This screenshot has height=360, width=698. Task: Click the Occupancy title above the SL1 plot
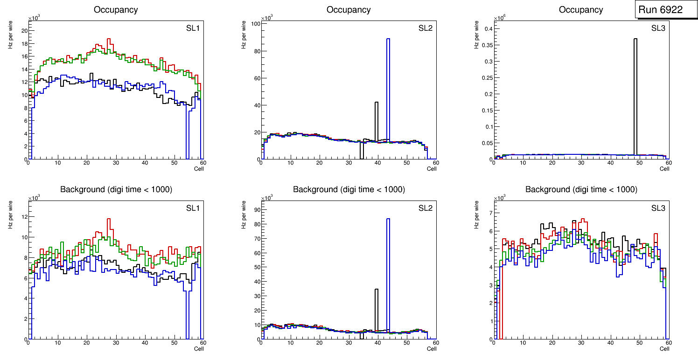pyautogui.click(x=116, y=9)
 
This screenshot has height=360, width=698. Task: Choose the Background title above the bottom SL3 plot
pyautogui.click(x=581, y=189)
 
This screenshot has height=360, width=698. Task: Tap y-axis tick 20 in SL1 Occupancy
pyautogui.click(x=23, y=31)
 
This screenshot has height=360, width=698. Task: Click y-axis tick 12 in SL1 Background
pyautogui.click(x=23, y=217)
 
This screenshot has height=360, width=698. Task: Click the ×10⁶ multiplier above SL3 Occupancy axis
pyautogui.click(x=499, y=18)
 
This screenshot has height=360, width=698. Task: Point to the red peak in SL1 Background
pyautogui.click(x=109, y=219)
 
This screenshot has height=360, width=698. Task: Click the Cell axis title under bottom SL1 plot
pyautogui.click(x=198, y=348)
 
